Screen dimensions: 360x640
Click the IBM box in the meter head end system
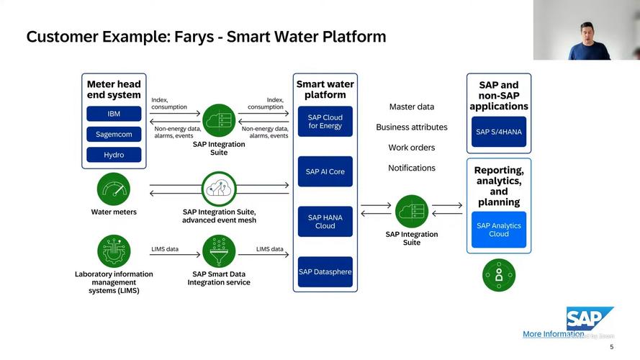tap(114, 114)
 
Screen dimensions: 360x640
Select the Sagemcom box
tap(114, 134)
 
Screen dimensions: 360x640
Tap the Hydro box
tap(114, 155)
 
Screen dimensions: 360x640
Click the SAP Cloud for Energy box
tap(325, 122)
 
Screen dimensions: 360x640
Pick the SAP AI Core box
tap(325, 171)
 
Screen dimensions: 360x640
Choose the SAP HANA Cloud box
tap(325, 222)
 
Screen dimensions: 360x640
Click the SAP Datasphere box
tap(325, 271)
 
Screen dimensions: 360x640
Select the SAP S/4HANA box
tap(499, 132)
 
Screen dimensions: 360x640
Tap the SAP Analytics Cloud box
tap(499, 230)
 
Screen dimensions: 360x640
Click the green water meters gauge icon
tap(114, 189)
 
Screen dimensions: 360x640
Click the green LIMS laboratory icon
tap(114, 251)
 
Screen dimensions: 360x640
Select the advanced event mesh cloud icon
tap(219, 189)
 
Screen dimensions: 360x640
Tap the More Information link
tap(553, 334)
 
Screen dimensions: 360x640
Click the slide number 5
tap(612, 346)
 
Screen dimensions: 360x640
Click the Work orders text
tap(412, 148)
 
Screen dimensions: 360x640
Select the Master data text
tap(412, 107)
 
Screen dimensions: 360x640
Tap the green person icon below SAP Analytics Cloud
tap(499, 274)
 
